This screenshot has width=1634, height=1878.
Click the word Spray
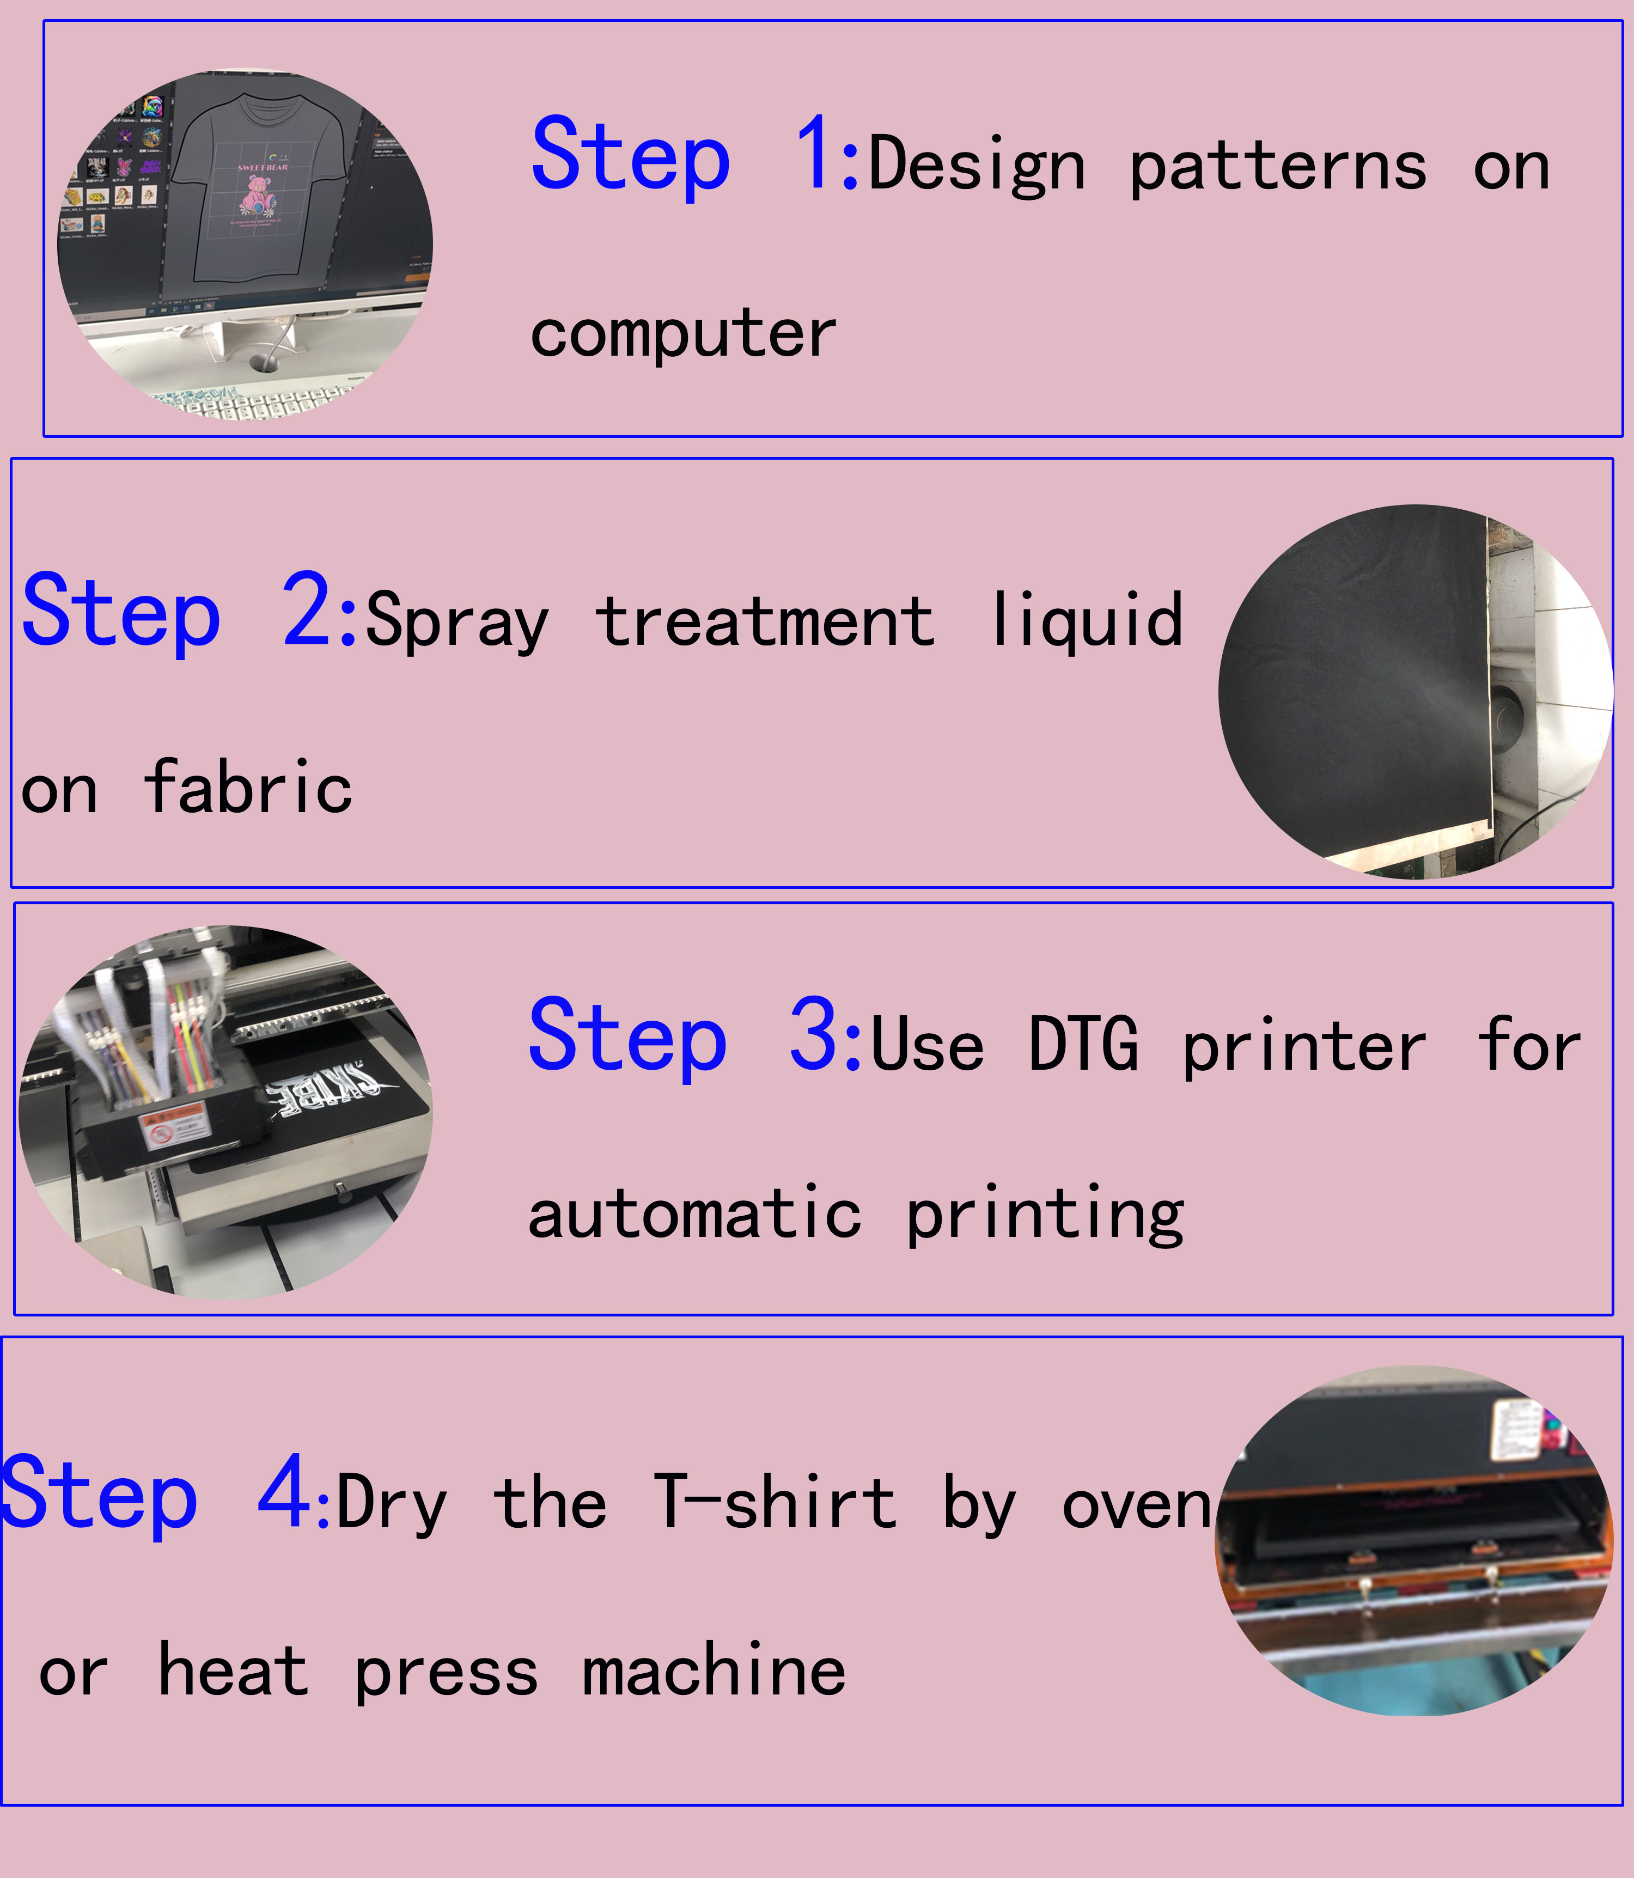click(x=457, y=622)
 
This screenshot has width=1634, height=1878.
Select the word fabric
click(x=248, y=786)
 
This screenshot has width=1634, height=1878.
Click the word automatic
click(x=695, y=1214)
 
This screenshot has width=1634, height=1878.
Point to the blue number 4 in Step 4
click(x=284, y=1491)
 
